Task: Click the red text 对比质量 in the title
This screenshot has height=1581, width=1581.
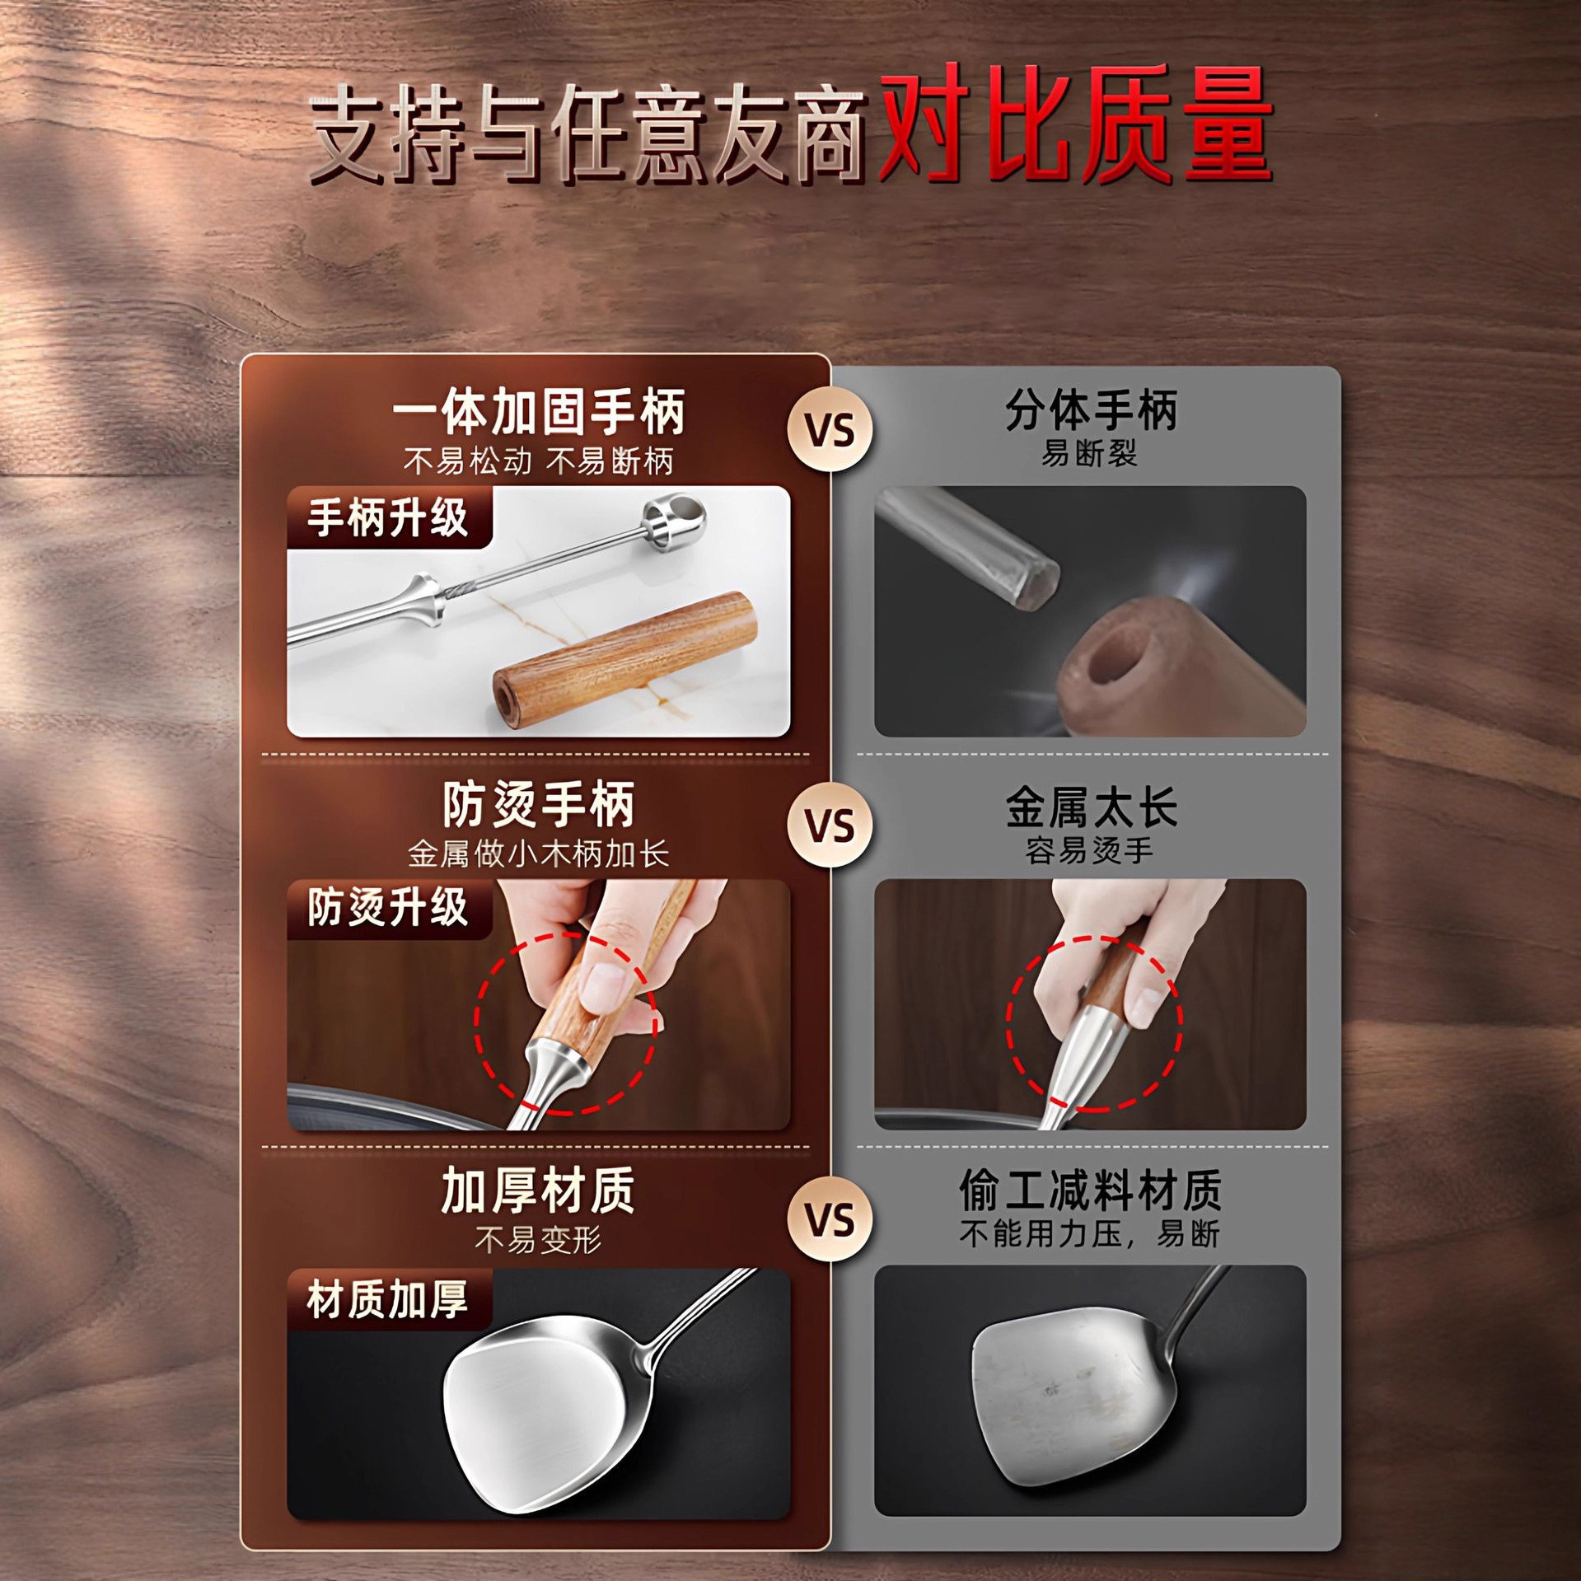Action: (1075, 125)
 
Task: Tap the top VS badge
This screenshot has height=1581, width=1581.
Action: (830, 430)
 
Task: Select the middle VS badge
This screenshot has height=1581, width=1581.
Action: (830, 826)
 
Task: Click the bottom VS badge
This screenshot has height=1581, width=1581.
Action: (830, 1220)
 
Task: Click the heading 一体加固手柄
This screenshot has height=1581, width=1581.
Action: (538, 412)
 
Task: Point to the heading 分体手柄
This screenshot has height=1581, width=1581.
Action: (1090, 409)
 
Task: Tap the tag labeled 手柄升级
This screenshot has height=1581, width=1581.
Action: (388, 517)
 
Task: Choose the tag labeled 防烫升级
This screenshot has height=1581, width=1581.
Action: (388, 908)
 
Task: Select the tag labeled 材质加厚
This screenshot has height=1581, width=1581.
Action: (388, 1299)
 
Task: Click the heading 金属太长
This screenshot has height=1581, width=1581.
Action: (1090, 807)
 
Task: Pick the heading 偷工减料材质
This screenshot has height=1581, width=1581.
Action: (1090, 1190)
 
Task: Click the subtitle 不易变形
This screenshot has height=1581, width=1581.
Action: (538, 1239)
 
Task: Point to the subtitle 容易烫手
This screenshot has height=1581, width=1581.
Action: (1090, 850)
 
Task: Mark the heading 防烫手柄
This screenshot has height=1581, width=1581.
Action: (538, 805)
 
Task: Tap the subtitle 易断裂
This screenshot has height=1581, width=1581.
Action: (1090, 453)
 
